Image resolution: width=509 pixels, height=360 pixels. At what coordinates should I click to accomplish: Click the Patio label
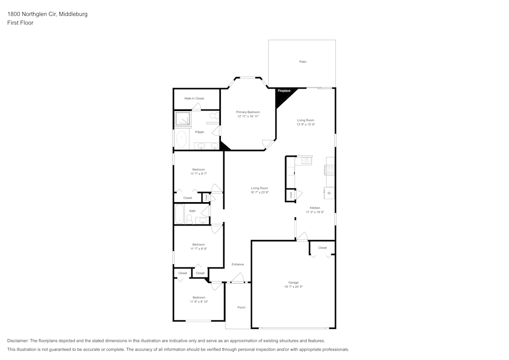(x=303, y=62)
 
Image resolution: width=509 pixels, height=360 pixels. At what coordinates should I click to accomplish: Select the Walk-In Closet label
(x=194, y=98)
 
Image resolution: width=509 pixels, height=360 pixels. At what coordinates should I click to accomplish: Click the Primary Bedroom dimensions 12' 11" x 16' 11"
(x=248, y=117)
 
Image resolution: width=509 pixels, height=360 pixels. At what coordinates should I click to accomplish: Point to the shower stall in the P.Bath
(x=182, y=119)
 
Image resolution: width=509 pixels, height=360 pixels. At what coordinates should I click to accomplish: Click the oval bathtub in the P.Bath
(x=182, y=139)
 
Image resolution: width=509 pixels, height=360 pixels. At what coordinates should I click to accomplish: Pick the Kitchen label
(x=315, y=208)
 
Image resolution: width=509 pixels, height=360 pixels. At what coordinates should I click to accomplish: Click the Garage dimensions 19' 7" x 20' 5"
(x=294, y=287)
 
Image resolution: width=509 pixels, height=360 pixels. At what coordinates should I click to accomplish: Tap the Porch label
(x=241, y=307)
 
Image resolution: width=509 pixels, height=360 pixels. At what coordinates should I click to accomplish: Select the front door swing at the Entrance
(x=237, y=278)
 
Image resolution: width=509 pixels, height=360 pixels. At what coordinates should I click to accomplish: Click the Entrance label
(x=238, y=264)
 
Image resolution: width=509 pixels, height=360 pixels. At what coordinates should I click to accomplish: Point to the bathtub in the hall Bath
(x=179, y=214)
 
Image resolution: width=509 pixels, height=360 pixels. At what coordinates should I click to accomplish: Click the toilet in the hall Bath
(x=189, y=219)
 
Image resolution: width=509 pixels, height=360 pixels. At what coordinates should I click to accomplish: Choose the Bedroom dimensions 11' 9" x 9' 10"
(x=199, y=302)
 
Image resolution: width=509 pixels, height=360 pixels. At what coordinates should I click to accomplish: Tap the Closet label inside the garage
(x=322, y=248)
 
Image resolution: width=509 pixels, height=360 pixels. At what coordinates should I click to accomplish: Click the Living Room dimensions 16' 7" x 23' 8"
(x=259, y=192)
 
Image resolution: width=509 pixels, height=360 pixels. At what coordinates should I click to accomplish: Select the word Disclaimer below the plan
(x=18, y=341)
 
